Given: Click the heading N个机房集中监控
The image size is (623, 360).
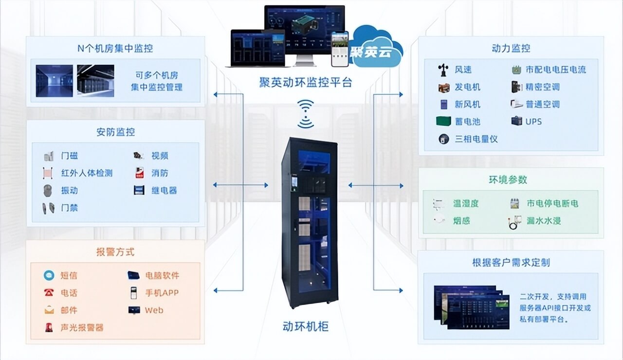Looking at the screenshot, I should tap(115, 48).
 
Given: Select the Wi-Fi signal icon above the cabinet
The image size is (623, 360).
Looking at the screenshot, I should tap(306, 114).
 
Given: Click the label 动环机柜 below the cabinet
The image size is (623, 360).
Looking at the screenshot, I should tap(306, 326).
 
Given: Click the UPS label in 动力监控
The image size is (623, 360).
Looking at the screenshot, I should tap(533, 122).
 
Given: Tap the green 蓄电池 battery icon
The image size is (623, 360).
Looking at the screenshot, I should tap(443, 122).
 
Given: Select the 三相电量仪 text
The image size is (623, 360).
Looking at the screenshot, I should tap(476, 139).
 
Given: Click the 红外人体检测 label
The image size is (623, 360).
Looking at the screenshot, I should tap(87, 173).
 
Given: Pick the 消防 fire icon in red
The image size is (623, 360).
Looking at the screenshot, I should tap(139, 173).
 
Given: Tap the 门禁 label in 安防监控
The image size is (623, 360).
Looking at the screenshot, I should tap(69, 208).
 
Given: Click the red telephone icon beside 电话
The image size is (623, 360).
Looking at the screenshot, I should tap(49, 293).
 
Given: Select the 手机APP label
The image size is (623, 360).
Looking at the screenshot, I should tap(162, 293).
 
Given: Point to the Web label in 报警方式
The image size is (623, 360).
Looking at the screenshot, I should tap(154, 310).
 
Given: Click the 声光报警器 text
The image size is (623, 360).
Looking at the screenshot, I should tap(82, 327).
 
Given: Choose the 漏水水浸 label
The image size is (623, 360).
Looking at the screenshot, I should tap(544, 221).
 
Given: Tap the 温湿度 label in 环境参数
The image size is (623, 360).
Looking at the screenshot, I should tap(466, 203).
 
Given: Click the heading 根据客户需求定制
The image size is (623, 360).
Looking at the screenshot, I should tap(511, 263).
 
